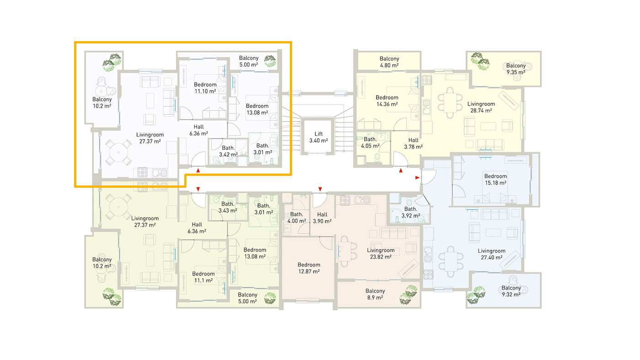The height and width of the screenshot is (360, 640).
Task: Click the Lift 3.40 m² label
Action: (x=319, y=138)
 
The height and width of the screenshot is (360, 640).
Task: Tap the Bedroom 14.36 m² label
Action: (x=387, y=101)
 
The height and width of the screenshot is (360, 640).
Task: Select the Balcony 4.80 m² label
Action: (x=389, y=62)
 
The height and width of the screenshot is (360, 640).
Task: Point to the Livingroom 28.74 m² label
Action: (x=481, y=107)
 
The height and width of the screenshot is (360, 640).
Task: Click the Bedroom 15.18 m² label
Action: (x=496, y=180)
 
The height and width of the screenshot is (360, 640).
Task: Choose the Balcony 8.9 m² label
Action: (x=375, y=294)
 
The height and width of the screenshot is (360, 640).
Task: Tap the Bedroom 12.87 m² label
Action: (x=309, y=268)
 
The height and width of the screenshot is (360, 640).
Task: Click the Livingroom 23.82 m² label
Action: (x=380, y=254)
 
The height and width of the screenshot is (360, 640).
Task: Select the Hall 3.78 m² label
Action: (x=413, y=143)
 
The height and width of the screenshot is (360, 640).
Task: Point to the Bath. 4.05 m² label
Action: (x=370, y=143)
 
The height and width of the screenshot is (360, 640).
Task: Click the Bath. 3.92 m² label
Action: (x=411, y=212)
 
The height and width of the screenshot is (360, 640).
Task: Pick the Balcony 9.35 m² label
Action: (x=516, y=69)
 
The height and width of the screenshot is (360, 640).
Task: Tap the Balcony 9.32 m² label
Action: (x=511, y=291)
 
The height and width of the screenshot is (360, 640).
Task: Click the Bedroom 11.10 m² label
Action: (x=205, y=88)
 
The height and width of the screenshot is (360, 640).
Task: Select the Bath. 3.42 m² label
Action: (x=228, y=151)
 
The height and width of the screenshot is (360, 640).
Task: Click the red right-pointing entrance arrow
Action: (x=417, y=178)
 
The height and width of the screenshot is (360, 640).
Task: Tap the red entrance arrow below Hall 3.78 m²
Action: (x=401, y=170)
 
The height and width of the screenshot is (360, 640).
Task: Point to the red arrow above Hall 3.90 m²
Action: (x=320, y=189)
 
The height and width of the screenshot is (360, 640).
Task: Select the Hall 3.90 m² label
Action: (x=322, y=218)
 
